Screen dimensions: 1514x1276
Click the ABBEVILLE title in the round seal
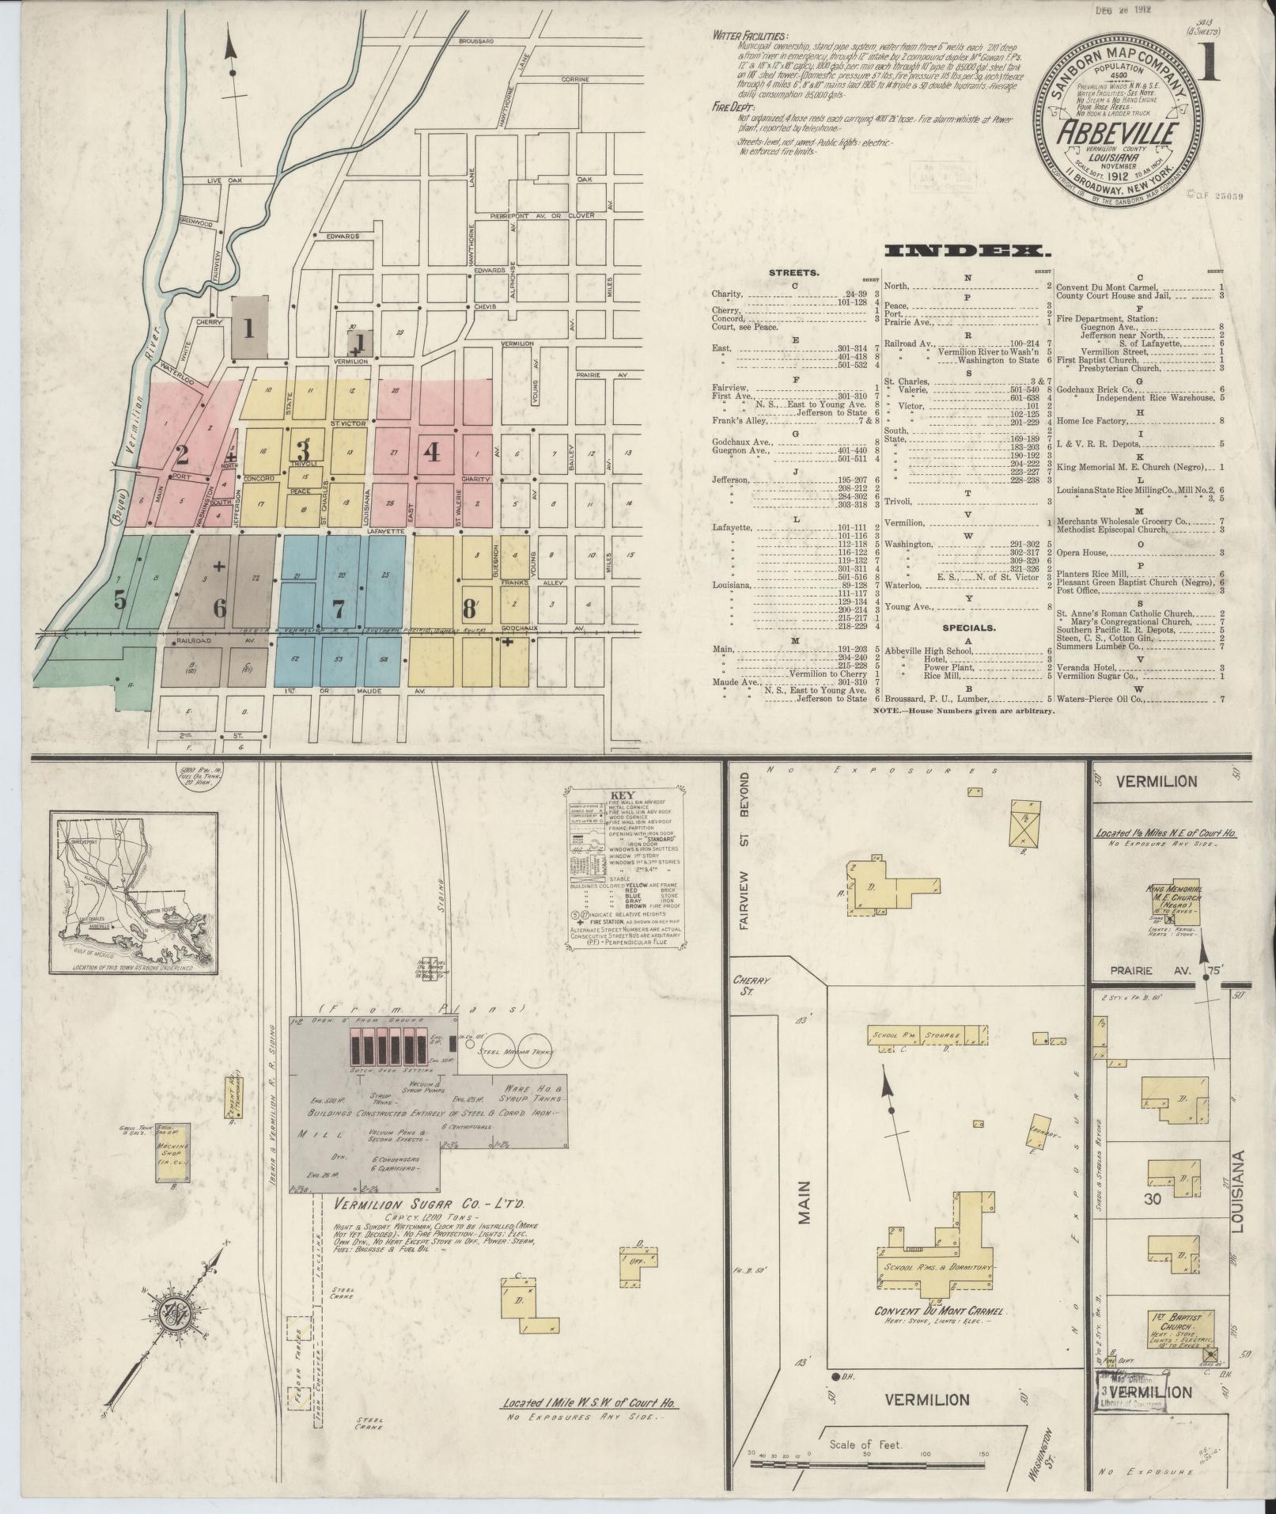(x=1118, y=132)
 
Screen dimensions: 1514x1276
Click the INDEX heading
(x=966, y=251)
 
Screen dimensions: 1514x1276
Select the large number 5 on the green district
(x=119, y=599)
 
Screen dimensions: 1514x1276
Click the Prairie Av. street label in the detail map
(x=1146, y=971)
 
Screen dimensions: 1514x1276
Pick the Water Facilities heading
(x=750, y=36)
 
